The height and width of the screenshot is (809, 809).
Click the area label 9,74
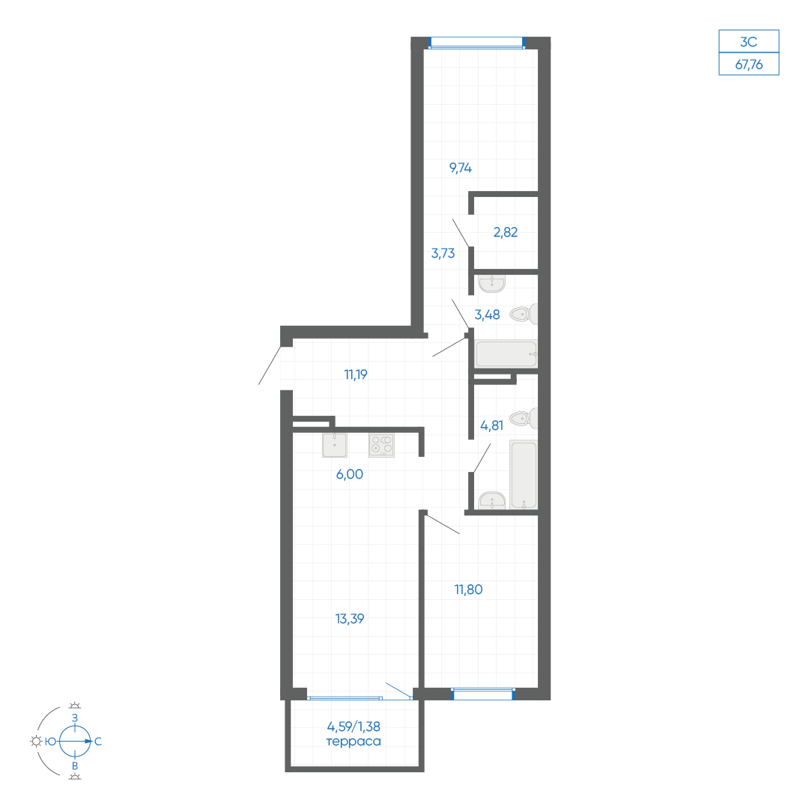click(x=460, y=168)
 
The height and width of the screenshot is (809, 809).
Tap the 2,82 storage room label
click(x=505, y=232)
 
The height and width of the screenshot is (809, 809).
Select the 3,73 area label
click(x=443, y=253)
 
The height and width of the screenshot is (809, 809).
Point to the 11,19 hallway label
click(x=356, y=375)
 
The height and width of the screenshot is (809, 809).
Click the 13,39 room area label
click(x=350, y=619)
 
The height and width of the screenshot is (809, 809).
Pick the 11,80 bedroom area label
click(x=468, y=590)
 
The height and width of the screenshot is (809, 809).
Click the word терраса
click(x=354, y=742)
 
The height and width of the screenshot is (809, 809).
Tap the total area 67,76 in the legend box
click(x=748, y=64)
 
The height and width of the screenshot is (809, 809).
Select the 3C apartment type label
click(x=748, y=42)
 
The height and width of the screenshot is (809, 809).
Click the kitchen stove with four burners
click(x=382, y=445)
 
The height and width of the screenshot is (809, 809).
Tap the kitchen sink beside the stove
click(x=334, y=445)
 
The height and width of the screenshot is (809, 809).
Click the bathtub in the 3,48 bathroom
click(x=506, y=354)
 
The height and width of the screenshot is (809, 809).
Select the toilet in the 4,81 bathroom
click(x=523, y=419)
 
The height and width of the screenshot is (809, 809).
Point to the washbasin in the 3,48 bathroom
click(x=491, y=285)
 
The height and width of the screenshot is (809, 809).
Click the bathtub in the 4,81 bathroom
click(x=523, y=475)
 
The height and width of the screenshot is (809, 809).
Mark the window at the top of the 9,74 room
click(x=476, y=43)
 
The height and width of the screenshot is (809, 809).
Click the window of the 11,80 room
click(x=483, y=694)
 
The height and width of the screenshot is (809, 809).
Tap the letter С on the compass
click(x=98, y=742)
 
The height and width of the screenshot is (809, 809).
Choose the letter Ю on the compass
click(x=51, y=742)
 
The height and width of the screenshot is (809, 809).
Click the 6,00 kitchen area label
click(x=349, y=474)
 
